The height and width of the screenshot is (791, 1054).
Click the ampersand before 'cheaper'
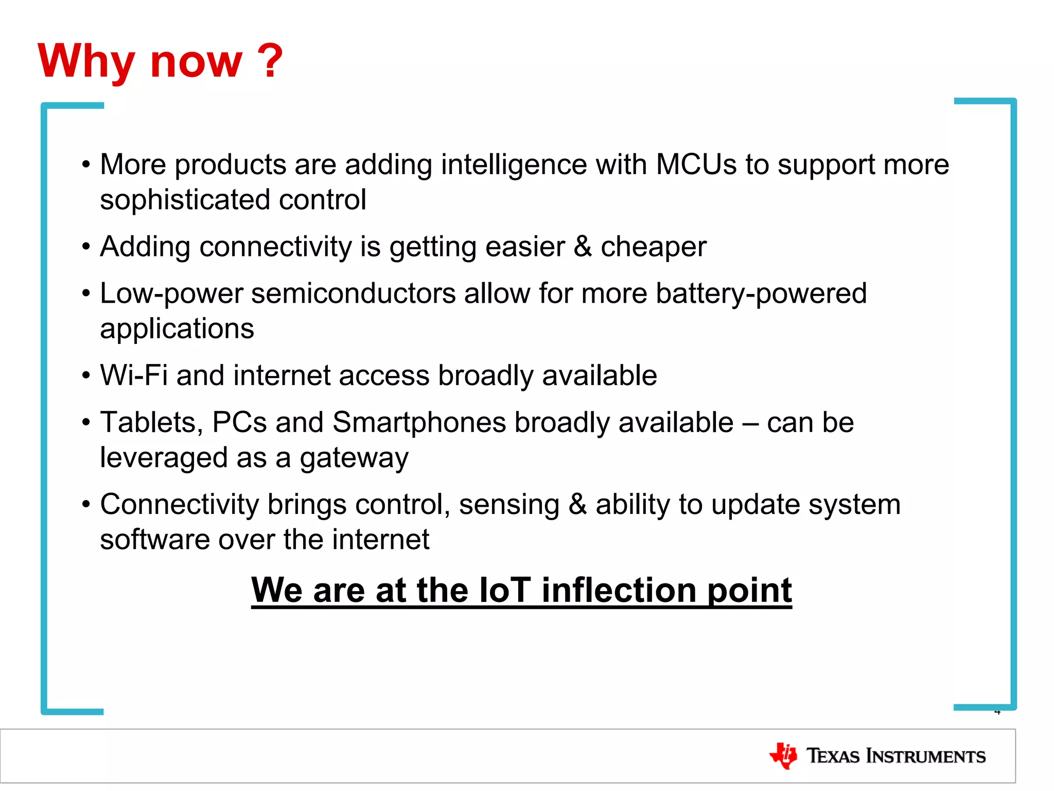tap(583, 246)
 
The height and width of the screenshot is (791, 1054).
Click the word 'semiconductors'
tap(353, 294)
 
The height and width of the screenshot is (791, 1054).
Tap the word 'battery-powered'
tap(761, 294)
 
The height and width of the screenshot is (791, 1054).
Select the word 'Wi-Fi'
tap(134, 375)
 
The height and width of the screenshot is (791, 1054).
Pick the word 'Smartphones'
tap(419, 422)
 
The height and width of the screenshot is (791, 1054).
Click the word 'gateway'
tap(354, 458)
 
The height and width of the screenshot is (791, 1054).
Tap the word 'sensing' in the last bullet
tap(509, 504)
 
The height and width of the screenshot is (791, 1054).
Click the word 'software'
tap(155, 539)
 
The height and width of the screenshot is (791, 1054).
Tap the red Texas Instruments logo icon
tap(783, 756)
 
